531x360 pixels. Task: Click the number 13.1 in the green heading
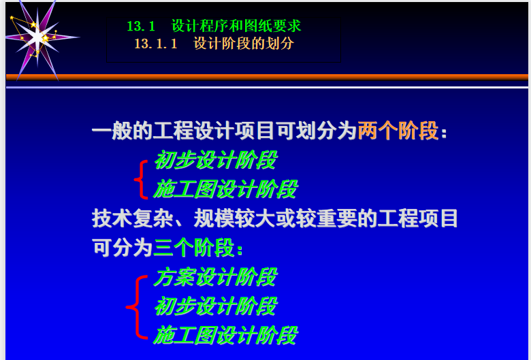click(x=141, y=26)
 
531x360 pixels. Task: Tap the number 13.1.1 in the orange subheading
click(x=156, y=44)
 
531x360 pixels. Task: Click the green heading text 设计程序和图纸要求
click(x=236, y=26)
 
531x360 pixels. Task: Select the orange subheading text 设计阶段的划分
click(x=244, y=44)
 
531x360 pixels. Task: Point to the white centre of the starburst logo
click(x=37, y=38)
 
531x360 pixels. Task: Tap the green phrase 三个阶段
click(x=194, y=247)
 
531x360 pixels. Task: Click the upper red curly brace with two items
click(x=141, y=179)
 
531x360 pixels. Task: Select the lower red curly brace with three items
click(x=137, y=307)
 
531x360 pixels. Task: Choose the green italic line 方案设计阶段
click(x=215, y=277)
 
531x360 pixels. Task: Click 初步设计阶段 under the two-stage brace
click(x=215, y=159)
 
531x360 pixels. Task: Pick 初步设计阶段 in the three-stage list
click(x=215, y=306)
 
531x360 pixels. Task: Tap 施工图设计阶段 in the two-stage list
click(x=225, y=189)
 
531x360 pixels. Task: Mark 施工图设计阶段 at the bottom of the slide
click(x=225, y=335)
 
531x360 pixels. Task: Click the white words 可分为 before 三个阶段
click(x=123, y=247)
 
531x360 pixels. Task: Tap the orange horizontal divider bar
click(x=267, y=77)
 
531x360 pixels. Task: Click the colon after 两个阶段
click(x=444, y=132)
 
